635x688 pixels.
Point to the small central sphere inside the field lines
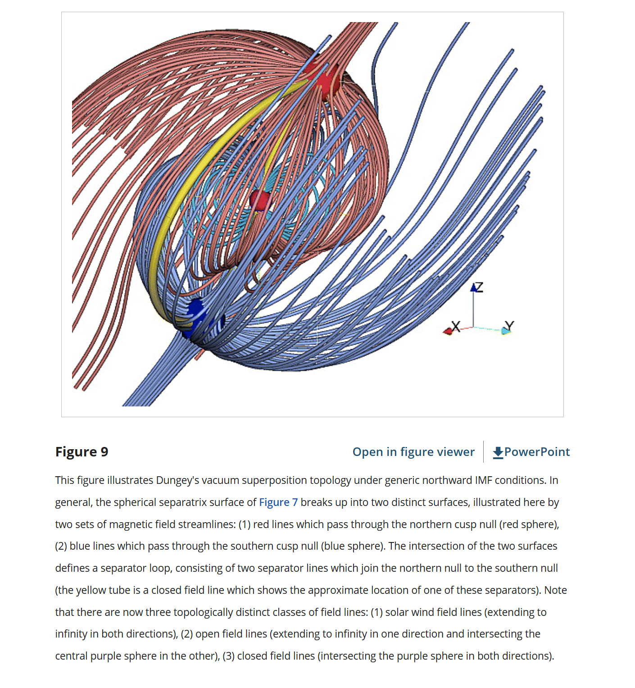(260, 200)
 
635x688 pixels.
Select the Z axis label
(479, 287)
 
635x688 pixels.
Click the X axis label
(456, 326)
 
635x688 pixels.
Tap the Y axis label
(509, 325)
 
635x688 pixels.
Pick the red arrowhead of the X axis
(447, 332)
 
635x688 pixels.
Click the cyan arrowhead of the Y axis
(506, 331)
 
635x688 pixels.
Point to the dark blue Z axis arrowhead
(473, 287)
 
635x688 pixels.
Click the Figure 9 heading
(82, 451)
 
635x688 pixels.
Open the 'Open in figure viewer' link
(413, 451)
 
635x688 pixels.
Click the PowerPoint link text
(537, 451)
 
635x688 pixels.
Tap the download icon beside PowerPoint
(498, 452)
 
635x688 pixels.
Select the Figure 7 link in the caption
(278, 502)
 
